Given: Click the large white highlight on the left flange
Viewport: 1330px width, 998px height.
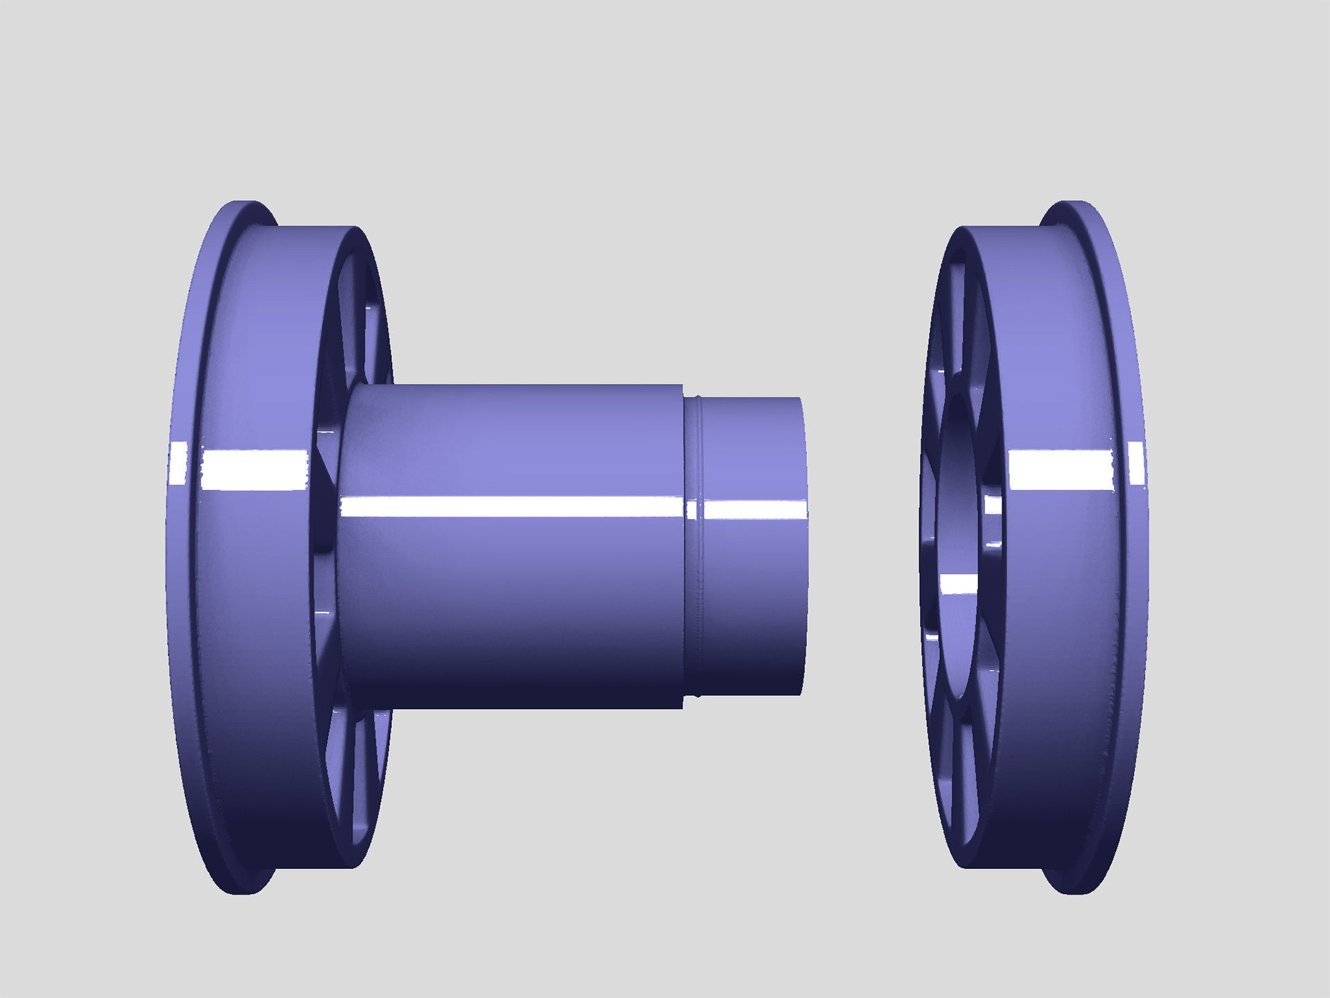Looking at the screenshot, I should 255,469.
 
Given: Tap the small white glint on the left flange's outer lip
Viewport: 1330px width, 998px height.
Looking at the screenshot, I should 179,463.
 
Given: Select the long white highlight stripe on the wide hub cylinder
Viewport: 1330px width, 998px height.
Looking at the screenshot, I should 513,507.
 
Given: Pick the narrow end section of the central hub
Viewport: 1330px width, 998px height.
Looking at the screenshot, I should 752,589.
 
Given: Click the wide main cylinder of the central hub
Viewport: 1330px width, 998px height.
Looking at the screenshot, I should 513,589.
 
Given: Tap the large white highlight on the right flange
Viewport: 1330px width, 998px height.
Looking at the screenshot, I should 1060,469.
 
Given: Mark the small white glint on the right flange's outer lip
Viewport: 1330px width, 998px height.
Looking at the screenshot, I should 1137,463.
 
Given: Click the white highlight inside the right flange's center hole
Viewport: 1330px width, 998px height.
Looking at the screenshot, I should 959,584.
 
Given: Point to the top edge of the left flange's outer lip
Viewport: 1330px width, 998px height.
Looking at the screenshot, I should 242,204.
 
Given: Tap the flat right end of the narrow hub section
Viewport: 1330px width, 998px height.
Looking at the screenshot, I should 804,548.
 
